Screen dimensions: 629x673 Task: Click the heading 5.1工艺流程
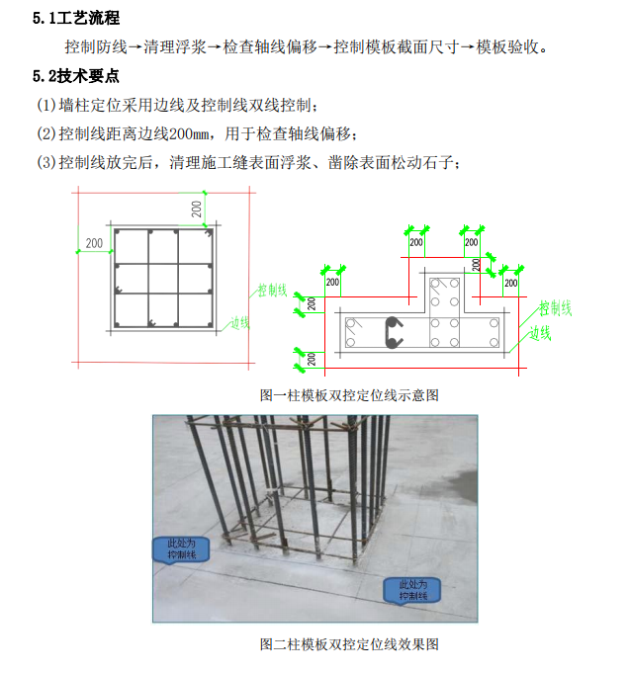[76, 18]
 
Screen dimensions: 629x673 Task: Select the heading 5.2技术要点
[76, 76]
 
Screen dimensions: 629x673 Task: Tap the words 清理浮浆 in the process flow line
[175, 46]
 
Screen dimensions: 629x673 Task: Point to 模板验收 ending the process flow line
[507, 46]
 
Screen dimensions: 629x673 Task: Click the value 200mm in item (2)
[189, 134]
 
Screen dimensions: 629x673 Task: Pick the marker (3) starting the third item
[46, 163]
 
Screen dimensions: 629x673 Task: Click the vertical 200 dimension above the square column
[197, 210]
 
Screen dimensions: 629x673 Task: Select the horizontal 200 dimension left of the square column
[94, 243]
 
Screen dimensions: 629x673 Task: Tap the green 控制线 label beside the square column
[272, 291]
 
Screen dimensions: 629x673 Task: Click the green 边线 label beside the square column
[240, 323]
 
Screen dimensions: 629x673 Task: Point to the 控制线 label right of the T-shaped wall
[556, 308]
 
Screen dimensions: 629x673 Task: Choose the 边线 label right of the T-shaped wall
[540, 333]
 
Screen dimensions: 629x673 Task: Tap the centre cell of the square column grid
[163, 279]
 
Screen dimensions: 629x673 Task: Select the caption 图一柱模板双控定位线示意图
[349, 395]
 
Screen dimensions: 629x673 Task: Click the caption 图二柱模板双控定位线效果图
[349, 644]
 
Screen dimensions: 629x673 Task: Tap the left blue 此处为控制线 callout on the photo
[181, 549]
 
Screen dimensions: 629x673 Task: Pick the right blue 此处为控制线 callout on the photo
[412, 590]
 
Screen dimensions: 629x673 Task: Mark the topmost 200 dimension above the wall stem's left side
[416, 242]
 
